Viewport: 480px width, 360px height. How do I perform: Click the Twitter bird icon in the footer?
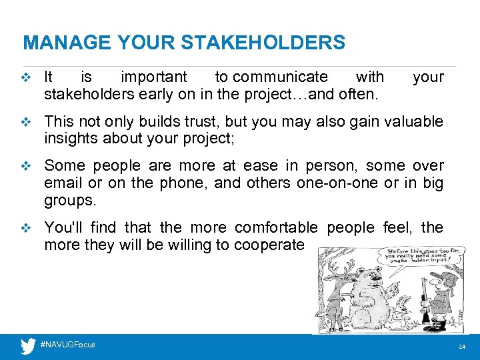(28, 346)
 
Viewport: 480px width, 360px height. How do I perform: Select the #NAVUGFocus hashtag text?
(67, 345)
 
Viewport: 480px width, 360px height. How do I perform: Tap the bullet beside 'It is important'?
(27, 77)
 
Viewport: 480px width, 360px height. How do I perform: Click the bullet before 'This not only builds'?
(27, 122)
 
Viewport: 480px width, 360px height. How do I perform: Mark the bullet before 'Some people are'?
(27, 166)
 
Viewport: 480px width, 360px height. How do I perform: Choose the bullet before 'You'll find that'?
(27, 228)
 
